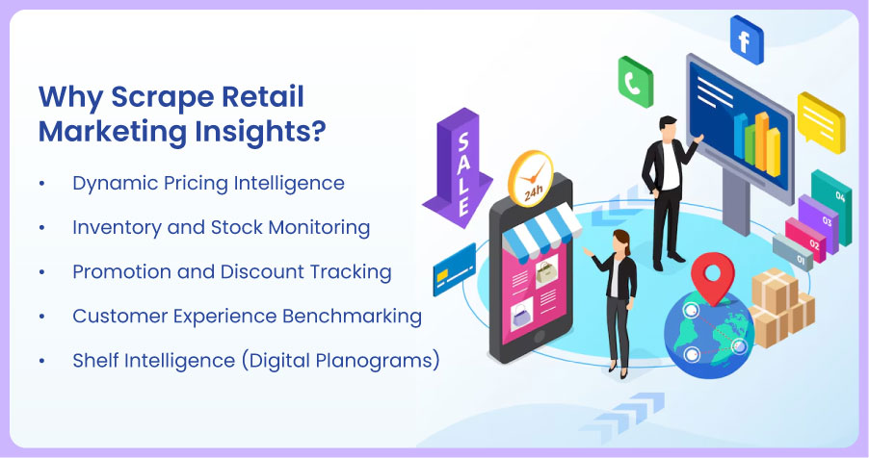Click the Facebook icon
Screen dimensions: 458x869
coord(746,38)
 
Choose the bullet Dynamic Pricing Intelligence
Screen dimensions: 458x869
coord(208,183)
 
